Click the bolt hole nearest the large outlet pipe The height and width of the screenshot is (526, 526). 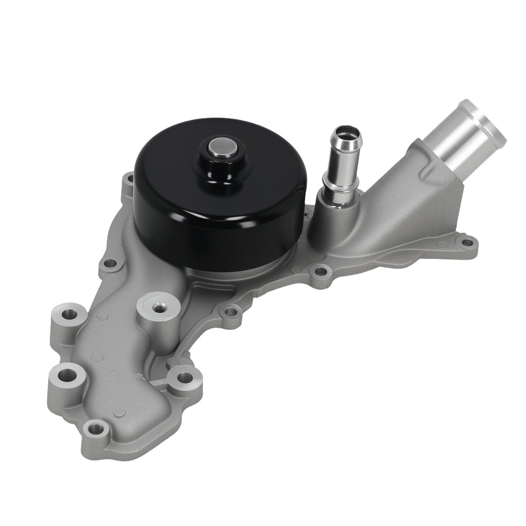[466, 243]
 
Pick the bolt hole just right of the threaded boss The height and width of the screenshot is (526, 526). [230, 312]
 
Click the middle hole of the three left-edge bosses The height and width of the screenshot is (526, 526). [65, 375]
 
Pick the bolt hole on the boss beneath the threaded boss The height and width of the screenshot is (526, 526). [184, 378]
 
